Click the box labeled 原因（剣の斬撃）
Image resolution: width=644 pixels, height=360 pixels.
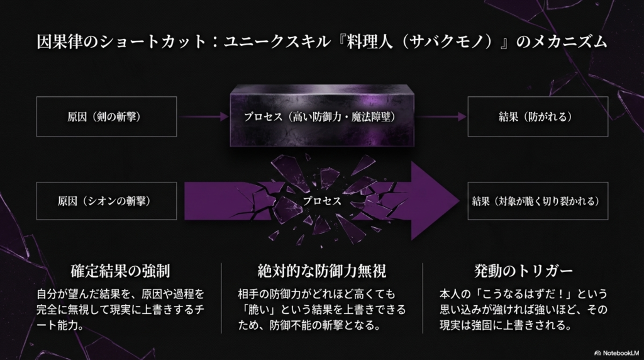tap(106, 117)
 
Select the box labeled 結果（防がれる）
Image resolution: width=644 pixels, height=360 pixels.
tap(537, 117)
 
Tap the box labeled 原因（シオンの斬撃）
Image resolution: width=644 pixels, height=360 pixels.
tap(106, 201)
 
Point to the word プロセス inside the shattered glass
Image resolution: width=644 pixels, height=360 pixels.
tap(321, 201)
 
